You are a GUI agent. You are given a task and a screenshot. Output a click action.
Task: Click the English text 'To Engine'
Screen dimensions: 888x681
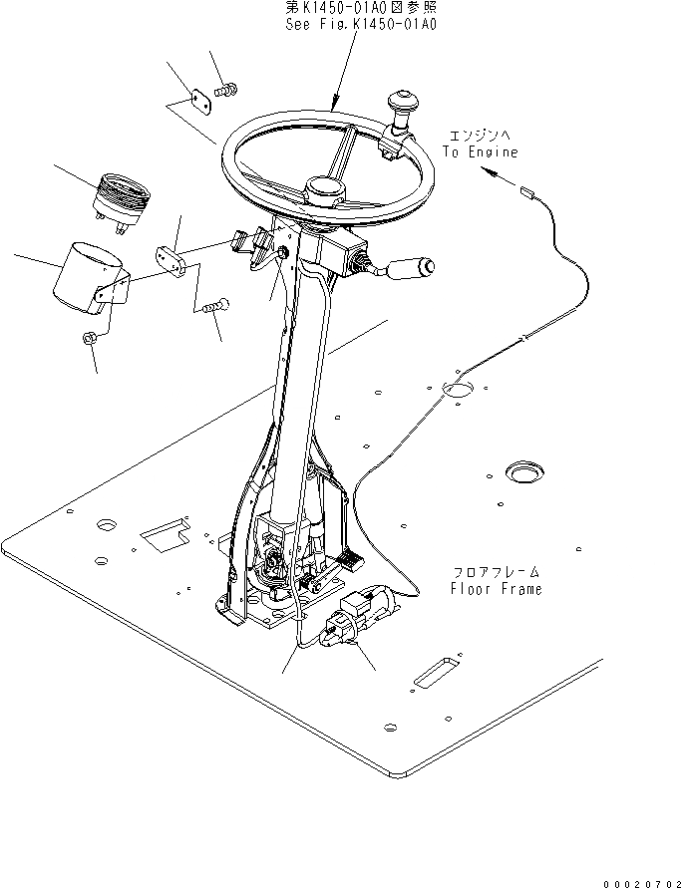481,152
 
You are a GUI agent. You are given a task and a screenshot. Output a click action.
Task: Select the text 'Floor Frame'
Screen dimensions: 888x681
496,589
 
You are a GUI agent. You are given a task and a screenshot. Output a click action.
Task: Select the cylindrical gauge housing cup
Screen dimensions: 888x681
86,276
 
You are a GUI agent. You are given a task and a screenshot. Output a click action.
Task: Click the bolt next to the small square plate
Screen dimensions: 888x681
224,91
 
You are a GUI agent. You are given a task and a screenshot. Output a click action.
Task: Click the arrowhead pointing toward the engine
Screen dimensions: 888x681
488,171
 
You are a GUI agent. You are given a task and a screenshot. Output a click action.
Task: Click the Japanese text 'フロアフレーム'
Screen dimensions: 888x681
496,572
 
